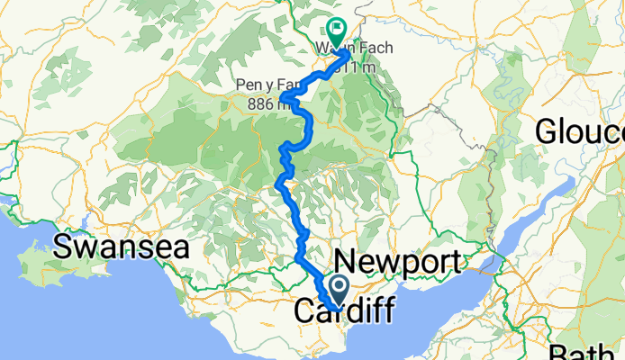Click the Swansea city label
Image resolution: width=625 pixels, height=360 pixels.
coord(122,247)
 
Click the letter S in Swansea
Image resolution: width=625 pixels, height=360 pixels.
coord(65,247)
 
